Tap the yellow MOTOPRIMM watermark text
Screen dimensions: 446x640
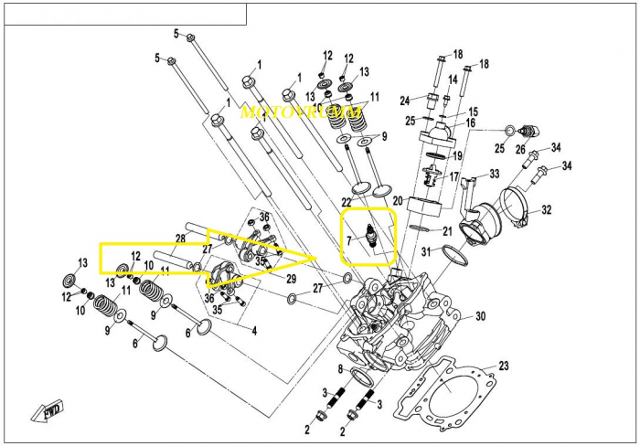(x=287, y=113)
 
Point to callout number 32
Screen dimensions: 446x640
(x=546, y=210)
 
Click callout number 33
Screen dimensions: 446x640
(x=494, y=174)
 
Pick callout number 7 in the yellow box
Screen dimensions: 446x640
(x=348, y=240)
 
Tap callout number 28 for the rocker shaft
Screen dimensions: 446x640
(x=180, y=239)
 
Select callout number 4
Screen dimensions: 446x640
(x=253, y=330)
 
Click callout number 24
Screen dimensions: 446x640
(x=404, y=100)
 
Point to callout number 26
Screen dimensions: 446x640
(x=520, y=149)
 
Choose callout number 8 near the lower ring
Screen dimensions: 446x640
(x=340, y=369)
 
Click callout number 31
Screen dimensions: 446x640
(x=426, y=251)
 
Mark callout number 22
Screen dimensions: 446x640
(x=347, y=201)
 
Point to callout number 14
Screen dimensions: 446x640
(x=452, y=80)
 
